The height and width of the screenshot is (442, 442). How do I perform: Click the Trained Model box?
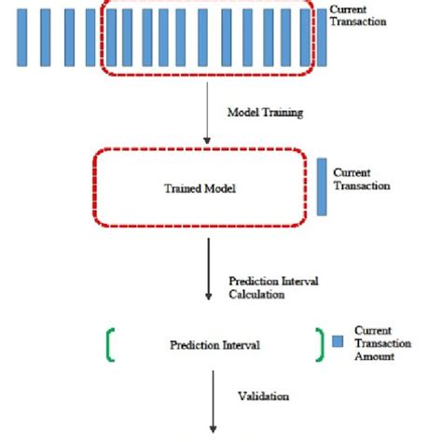[x=200, y=186]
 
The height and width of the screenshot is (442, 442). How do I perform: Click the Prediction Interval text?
[x=215, y=344]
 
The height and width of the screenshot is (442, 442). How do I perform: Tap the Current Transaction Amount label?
[x=375, y=343]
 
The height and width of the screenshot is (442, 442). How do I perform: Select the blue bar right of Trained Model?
[x=322, y=186]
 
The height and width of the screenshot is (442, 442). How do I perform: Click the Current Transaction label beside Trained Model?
[x=361, y=179]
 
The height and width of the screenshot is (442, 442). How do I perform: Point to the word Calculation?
[x=256, y=294]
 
